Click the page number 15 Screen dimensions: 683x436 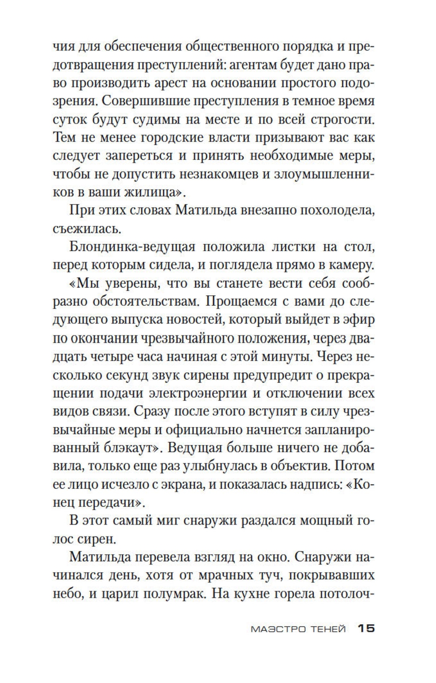[366, 628]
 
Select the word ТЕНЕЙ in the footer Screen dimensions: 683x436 [327, 629]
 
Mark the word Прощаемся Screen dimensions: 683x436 [248, 301]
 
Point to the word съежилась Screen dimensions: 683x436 [84, 228]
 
